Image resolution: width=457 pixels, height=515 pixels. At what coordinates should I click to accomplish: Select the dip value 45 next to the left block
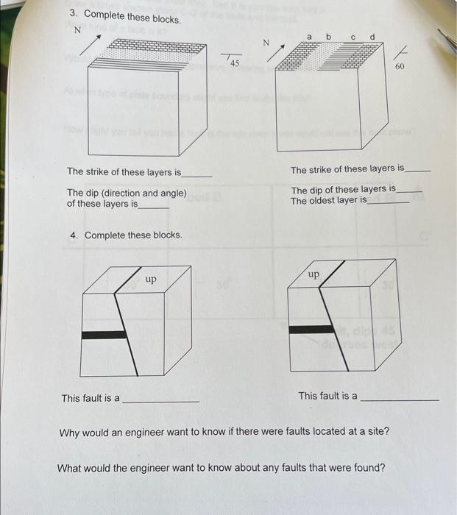(234, 64)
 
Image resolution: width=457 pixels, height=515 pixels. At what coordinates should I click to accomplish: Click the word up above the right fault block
(313, 274)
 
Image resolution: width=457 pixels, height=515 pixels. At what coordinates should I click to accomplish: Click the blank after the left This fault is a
(160, 400)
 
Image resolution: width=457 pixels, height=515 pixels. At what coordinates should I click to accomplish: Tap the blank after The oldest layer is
(389, 202)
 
